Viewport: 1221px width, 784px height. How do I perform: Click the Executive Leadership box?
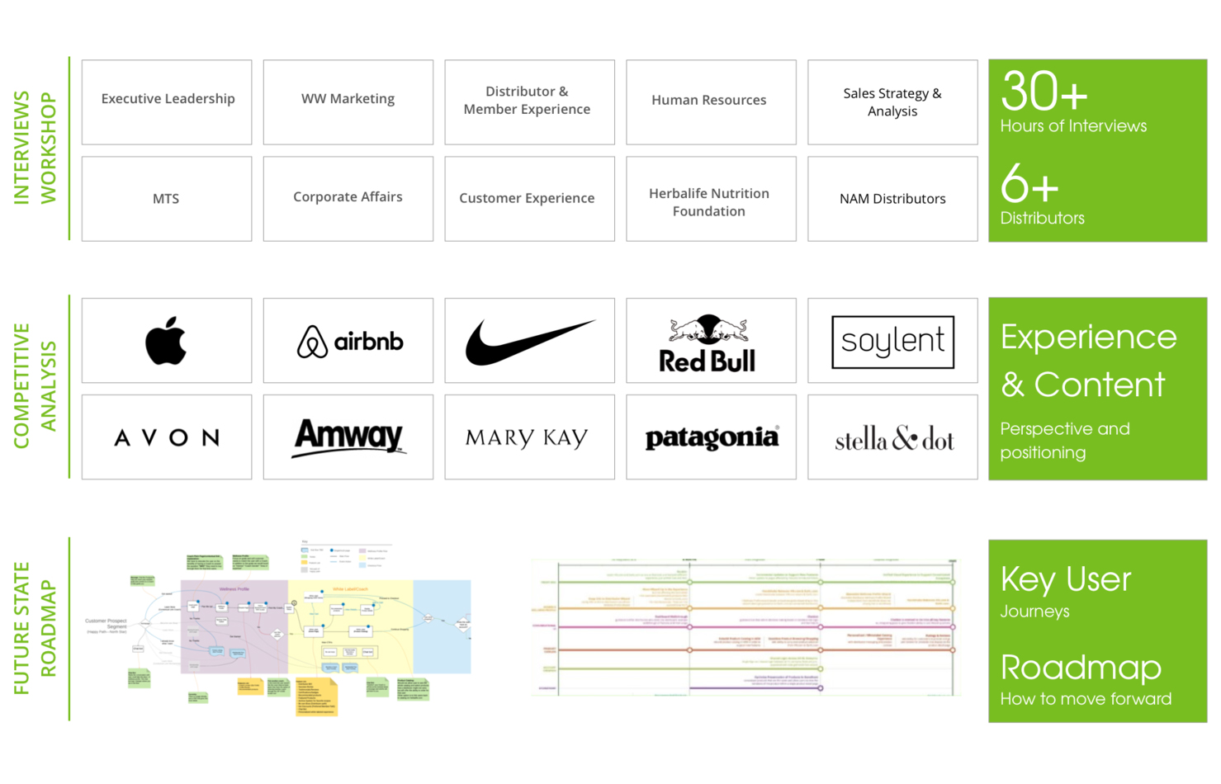pos(167,102)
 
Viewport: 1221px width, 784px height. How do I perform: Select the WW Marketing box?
pos(348,102)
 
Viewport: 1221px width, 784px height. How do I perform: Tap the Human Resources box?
pos(710,102)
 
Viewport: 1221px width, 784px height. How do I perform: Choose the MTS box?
pos(167,199)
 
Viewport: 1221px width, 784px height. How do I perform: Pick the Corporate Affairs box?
pos(348,199)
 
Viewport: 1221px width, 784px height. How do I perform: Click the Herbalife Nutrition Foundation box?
pos(710,201)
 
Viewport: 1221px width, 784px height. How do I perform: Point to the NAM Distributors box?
pos(892,199)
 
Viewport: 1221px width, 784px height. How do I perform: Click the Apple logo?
pos(166,340)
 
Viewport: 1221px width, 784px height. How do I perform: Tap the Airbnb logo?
pos(350,341)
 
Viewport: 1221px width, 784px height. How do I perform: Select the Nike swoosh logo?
pos(529,341)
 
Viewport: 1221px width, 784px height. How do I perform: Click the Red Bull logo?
pos(708,343)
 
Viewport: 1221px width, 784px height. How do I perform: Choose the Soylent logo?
pos(892,342)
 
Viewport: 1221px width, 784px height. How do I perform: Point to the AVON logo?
pos(167,437)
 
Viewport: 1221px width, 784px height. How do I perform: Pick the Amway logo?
pos(348,437)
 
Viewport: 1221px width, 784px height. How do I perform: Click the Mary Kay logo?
pos(527,437)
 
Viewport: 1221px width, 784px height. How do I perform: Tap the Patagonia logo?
pos(711,437)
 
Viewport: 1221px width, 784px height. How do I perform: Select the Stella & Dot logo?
pos(894,439)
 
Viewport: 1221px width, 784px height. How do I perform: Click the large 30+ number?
pos(1044,92)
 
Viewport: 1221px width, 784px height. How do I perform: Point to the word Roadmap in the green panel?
pos(1081,667)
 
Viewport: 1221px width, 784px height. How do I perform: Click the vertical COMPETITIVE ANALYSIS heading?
pos(35,385)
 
